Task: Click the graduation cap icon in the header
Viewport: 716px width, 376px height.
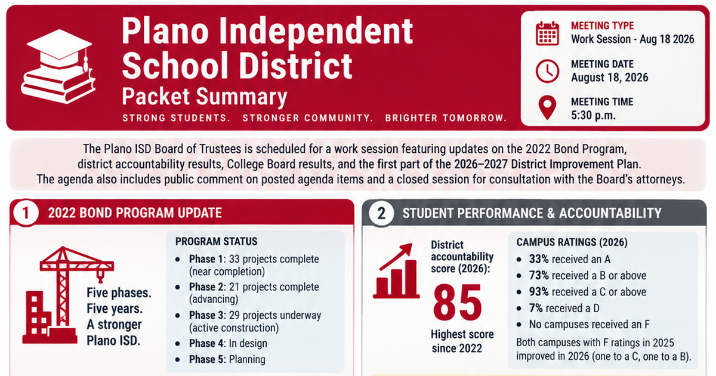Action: (x=58, y=66)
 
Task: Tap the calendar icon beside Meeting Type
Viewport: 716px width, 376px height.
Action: (x=547, y=33)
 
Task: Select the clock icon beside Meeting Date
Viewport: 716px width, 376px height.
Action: (x=547, y=71)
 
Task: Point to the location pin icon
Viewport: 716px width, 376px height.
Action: (x=547, y=107)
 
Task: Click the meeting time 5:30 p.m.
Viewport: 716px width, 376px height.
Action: (x=593, y=115)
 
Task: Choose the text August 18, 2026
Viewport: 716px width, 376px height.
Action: (x=610, y=78)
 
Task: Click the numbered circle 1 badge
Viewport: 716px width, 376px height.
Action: (x=26, y=213)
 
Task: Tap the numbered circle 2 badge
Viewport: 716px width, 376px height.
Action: (x=381, y=213)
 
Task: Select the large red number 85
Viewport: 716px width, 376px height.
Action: (x=458, y=303)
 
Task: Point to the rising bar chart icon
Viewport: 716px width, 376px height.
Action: (x=396, y=271)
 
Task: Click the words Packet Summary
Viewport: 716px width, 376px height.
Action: (x=205, y=97)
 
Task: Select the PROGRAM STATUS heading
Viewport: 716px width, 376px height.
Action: (x=216, y=241)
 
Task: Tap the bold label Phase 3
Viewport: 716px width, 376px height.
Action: (x=207, y=315)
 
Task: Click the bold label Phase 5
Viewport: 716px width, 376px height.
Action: (x=207, y=359)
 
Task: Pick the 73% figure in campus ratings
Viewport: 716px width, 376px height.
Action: (x=539, y=275)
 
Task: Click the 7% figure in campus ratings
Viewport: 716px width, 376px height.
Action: (x=536, y=308)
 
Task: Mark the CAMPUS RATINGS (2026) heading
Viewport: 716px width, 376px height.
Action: (x=572, y=242)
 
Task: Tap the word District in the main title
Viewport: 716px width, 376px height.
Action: (x=297, y=66)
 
